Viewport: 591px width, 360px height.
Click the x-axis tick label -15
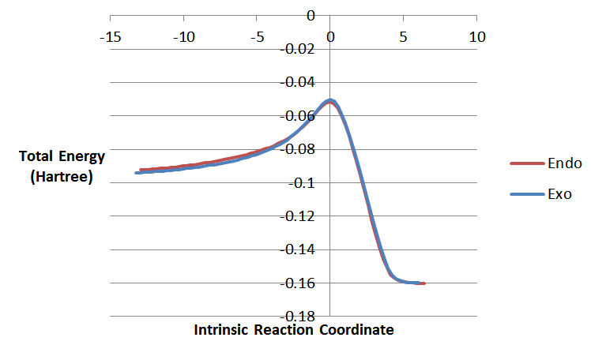tap(111, 37)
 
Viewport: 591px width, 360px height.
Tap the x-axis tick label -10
tap(184, 37)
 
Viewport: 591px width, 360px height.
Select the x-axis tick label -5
tap(257, 37)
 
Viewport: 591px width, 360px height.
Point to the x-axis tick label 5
tap(403, 37)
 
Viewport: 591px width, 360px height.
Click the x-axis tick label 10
tap(476, 37)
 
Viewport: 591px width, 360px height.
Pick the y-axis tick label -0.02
tap(300, 49)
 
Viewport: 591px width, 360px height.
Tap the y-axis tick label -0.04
tap(300, 82)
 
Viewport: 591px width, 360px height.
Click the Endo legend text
tap(564, 163)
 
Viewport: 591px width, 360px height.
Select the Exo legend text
tap(561, 193)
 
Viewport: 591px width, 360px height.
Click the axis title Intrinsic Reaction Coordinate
tap(294, 330)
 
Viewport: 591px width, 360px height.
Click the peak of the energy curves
tap(330, 100)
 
